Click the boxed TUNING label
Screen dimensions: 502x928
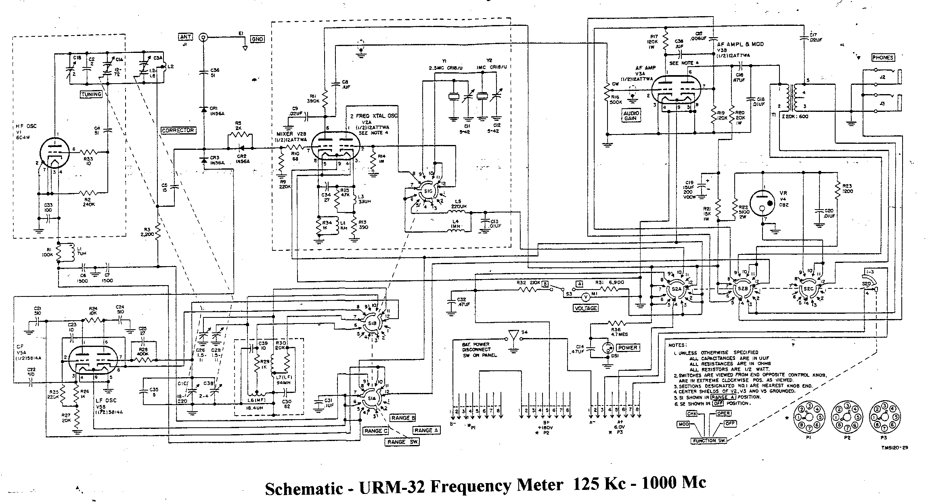point(91,94)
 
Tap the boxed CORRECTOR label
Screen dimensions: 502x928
point(178,130)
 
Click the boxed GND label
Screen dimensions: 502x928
point(257,39)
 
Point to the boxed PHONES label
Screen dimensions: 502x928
point(882,58)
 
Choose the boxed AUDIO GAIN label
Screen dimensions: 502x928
point(630,116)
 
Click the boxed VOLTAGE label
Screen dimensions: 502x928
point(586,308)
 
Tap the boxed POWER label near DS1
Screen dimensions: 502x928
point(627,347)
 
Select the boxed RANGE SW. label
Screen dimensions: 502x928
point(402,441)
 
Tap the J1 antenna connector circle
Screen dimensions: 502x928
point(203,37)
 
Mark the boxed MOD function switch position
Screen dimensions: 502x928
point(683,424)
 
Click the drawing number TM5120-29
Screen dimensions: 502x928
point(894,447)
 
